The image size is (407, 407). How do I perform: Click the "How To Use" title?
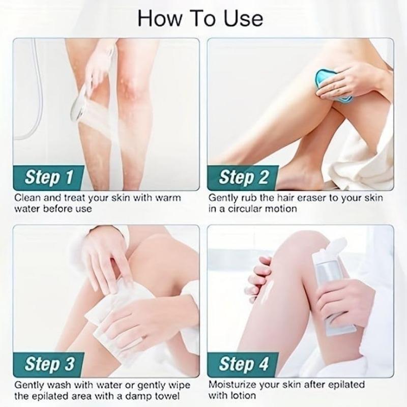200,18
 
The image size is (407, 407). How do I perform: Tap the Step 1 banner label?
49,178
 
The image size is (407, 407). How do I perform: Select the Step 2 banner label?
243,178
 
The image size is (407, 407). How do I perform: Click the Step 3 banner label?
49,364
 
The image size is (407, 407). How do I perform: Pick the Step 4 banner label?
243,364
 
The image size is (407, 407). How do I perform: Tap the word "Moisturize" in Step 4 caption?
234,384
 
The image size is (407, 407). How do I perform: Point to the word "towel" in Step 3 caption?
163,395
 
